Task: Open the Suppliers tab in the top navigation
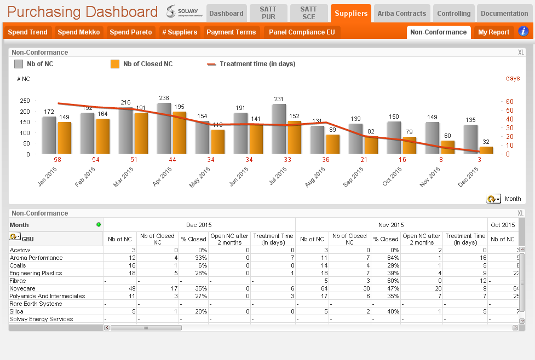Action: pyautogui.click(x=351, y=13)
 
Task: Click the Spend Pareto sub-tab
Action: pyautogui.click(x=131, y=32)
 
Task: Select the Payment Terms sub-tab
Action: pyautogui.click(x=231, y=32)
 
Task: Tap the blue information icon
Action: pyautogui.click(x=523, y=31)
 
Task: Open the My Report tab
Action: pyautogui.click(x=493, y=32)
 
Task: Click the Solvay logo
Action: pyautogui.click(x=185, y=11)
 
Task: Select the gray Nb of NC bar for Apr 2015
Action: pyautogui.click(x=164, y=128)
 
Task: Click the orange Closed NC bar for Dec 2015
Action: pyautogui.click(x=486, y=150)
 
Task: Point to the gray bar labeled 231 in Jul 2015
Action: pyautogui.click(x=279, y=129)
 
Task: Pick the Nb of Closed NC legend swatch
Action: pyautogui.click(x=115, y=64)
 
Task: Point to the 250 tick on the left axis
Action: pyautogui.click(x=25, y=101)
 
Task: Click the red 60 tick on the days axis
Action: pyautogui.click(x=510, y=102)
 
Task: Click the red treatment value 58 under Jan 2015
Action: pyautogui.click(x=57, y=160)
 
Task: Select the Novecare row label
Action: pyautogui.click(x=22, y=288)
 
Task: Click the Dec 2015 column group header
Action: pyautogui.click(x=199, y=225)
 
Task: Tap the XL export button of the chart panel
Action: pyautogui.click(x=521, y=52)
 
